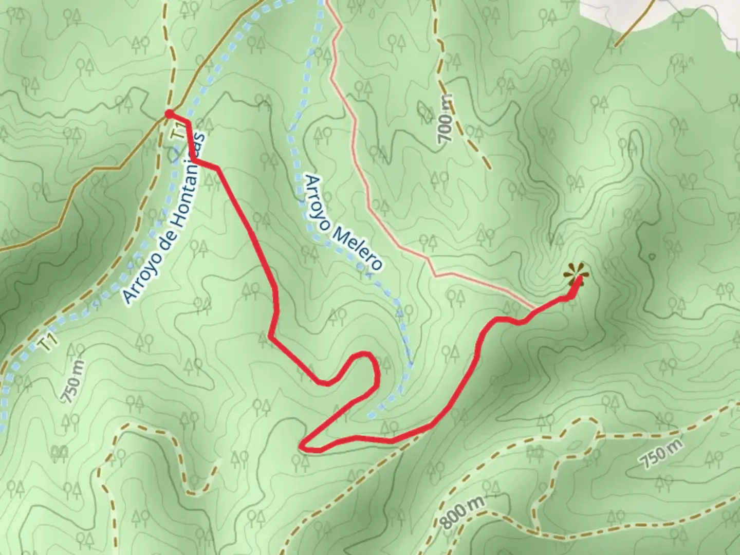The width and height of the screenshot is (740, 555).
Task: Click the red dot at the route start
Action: click(168, 114)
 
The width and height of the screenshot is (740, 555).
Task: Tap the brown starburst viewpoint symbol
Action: click(576, 274)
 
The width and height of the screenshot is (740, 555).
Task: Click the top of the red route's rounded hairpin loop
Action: click(364, 354)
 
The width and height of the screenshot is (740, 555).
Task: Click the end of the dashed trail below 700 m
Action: click(488, 168)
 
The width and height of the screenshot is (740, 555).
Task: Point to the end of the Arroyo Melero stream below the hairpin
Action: click(369, 415)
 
